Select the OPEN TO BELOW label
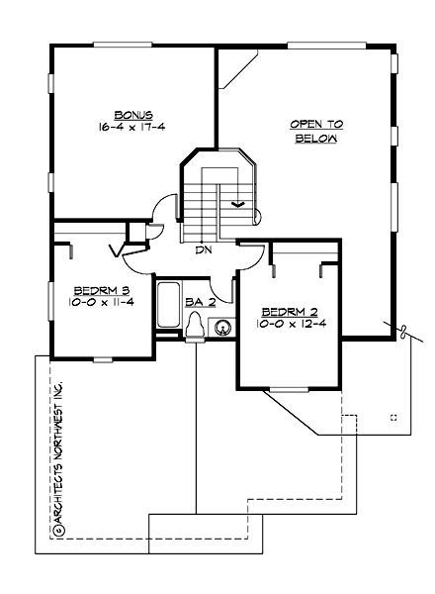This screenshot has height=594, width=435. click(x=315, y=132)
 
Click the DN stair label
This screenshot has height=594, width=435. click(x=204, y=249)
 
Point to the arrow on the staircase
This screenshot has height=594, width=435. click(x=237, y=204)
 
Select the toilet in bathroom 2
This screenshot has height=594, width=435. click(x=196, y=326)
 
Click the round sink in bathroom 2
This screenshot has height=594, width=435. click(x=223, y=327)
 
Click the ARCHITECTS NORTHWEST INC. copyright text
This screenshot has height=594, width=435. click(x=58, y=455)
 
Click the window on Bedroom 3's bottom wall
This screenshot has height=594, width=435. click(x=104, y=357)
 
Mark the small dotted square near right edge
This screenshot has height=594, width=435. click(x=393, y=417)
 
